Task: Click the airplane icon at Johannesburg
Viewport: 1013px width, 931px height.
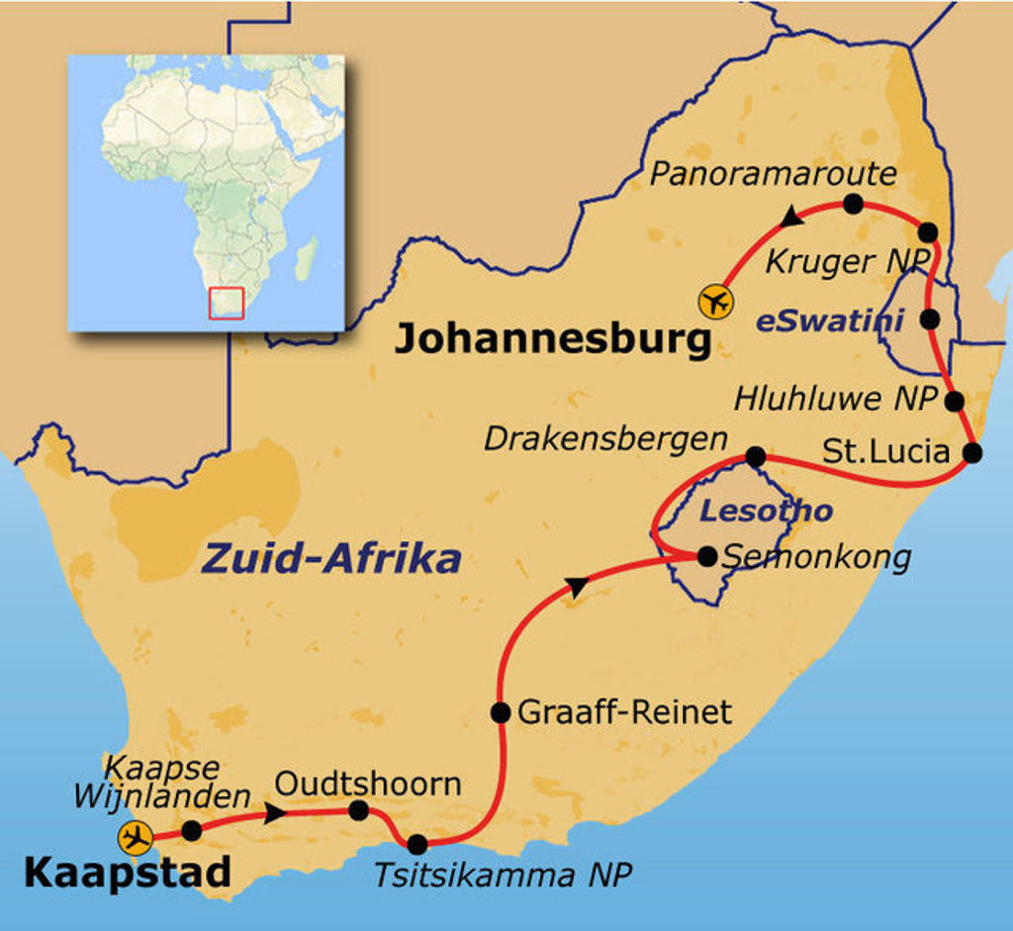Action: [x=714, y=301]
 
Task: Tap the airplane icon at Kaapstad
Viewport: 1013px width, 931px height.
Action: [x=135, y=838]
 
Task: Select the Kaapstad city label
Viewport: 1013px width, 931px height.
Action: [x=127, y=873]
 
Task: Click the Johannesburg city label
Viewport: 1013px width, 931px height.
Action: [x=553, y=339]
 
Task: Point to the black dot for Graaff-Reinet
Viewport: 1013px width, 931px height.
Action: [x=501, y=712]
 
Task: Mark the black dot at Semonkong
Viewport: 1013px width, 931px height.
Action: [x=706, y=557]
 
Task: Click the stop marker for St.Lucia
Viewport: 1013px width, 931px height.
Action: [x=972, y=453]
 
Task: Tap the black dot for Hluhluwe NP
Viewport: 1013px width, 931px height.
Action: [x=955, y=402]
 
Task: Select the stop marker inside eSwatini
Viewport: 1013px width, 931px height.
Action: [x=929, y=319]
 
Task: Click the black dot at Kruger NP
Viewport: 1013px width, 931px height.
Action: [x=927, y=233]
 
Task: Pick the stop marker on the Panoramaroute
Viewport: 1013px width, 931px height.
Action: [x=853, y=204]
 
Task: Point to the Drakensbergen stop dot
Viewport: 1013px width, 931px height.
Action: [x=755, y=456]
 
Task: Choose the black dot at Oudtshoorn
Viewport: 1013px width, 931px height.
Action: [x=359, y=811]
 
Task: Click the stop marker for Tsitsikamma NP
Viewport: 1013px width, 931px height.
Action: [x=417, y=844]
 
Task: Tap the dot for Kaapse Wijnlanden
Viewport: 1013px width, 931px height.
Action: [x=192, y=831]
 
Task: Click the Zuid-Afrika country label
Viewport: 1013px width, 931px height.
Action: [x=331, y=559]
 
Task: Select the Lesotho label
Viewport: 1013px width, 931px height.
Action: [x=766, y=512]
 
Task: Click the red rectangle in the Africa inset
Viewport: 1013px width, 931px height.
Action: [x=226, y=303]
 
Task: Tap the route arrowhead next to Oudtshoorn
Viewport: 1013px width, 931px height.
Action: [x=277, y=812]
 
